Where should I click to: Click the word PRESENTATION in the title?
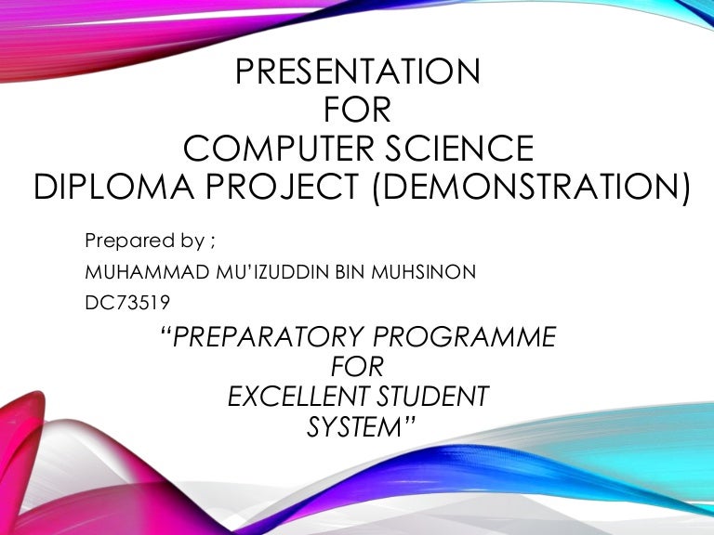[357, 71]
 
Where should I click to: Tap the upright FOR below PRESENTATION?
[357, 110]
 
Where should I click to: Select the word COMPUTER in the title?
[279, 148]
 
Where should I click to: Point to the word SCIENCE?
[459, 148]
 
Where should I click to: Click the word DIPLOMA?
[113, 187]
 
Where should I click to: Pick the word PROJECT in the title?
[283, 187]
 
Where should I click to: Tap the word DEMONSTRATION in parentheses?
[531, 187]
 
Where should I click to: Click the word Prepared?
[130, 241]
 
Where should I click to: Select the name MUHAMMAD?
[147, 272]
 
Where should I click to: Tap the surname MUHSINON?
[424, 272]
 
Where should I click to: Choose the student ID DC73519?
[127, 303]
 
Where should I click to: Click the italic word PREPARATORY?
[268, 336]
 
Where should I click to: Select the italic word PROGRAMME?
[465, 336]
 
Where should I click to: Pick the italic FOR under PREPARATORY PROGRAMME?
[357, 367]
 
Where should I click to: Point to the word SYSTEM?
[354, 426]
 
